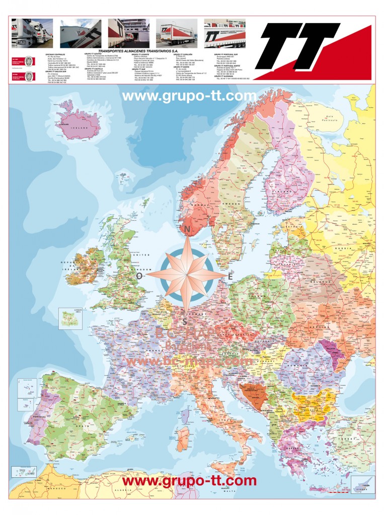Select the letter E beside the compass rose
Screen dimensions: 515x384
coord(231,276)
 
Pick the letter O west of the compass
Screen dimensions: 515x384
coord(139,276)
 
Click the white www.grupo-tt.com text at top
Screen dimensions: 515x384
coord(189,96)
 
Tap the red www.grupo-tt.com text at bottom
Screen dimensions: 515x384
coord(189,480)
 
